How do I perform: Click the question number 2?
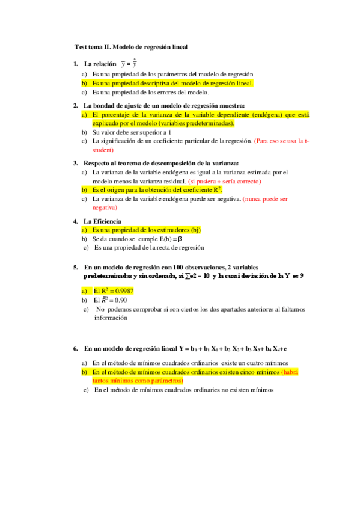tap(75, 105)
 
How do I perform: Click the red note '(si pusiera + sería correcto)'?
tap(225, 180)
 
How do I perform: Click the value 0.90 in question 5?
tap(119, 300)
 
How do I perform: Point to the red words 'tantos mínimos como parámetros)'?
tap(138, 381)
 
